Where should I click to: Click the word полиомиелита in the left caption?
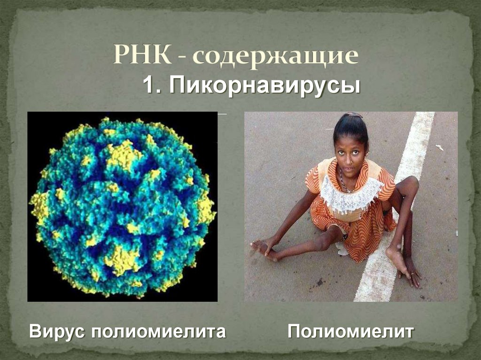(158, 332)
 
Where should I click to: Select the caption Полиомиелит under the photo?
(351, 331)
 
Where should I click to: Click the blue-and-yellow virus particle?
(122, 207)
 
